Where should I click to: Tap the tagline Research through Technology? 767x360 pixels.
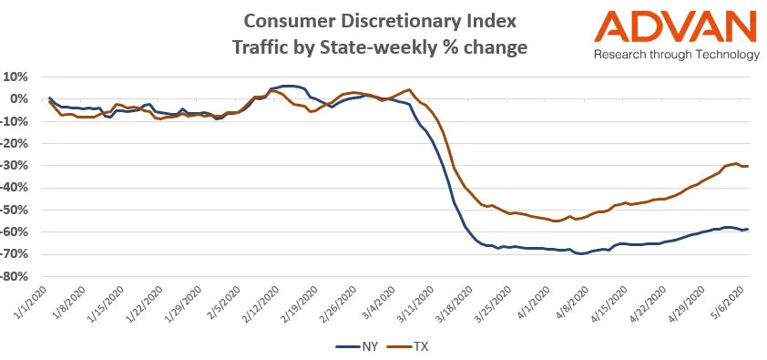(676, 55)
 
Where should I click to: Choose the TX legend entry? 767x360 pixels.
(405, 346)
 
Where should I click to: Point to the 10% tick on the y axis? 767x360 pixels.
(16, 77)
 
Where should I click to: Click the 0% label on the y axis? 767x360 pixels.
(20, 99)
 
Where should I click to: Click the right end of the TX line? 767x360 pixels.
(749, 166)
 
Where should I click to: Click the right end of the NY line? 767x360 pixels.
(749, 229)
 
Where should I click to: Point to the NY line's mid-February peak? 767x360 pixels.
(287, 86)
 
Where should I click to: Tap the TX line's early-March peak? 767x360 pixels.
(410, 89)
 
